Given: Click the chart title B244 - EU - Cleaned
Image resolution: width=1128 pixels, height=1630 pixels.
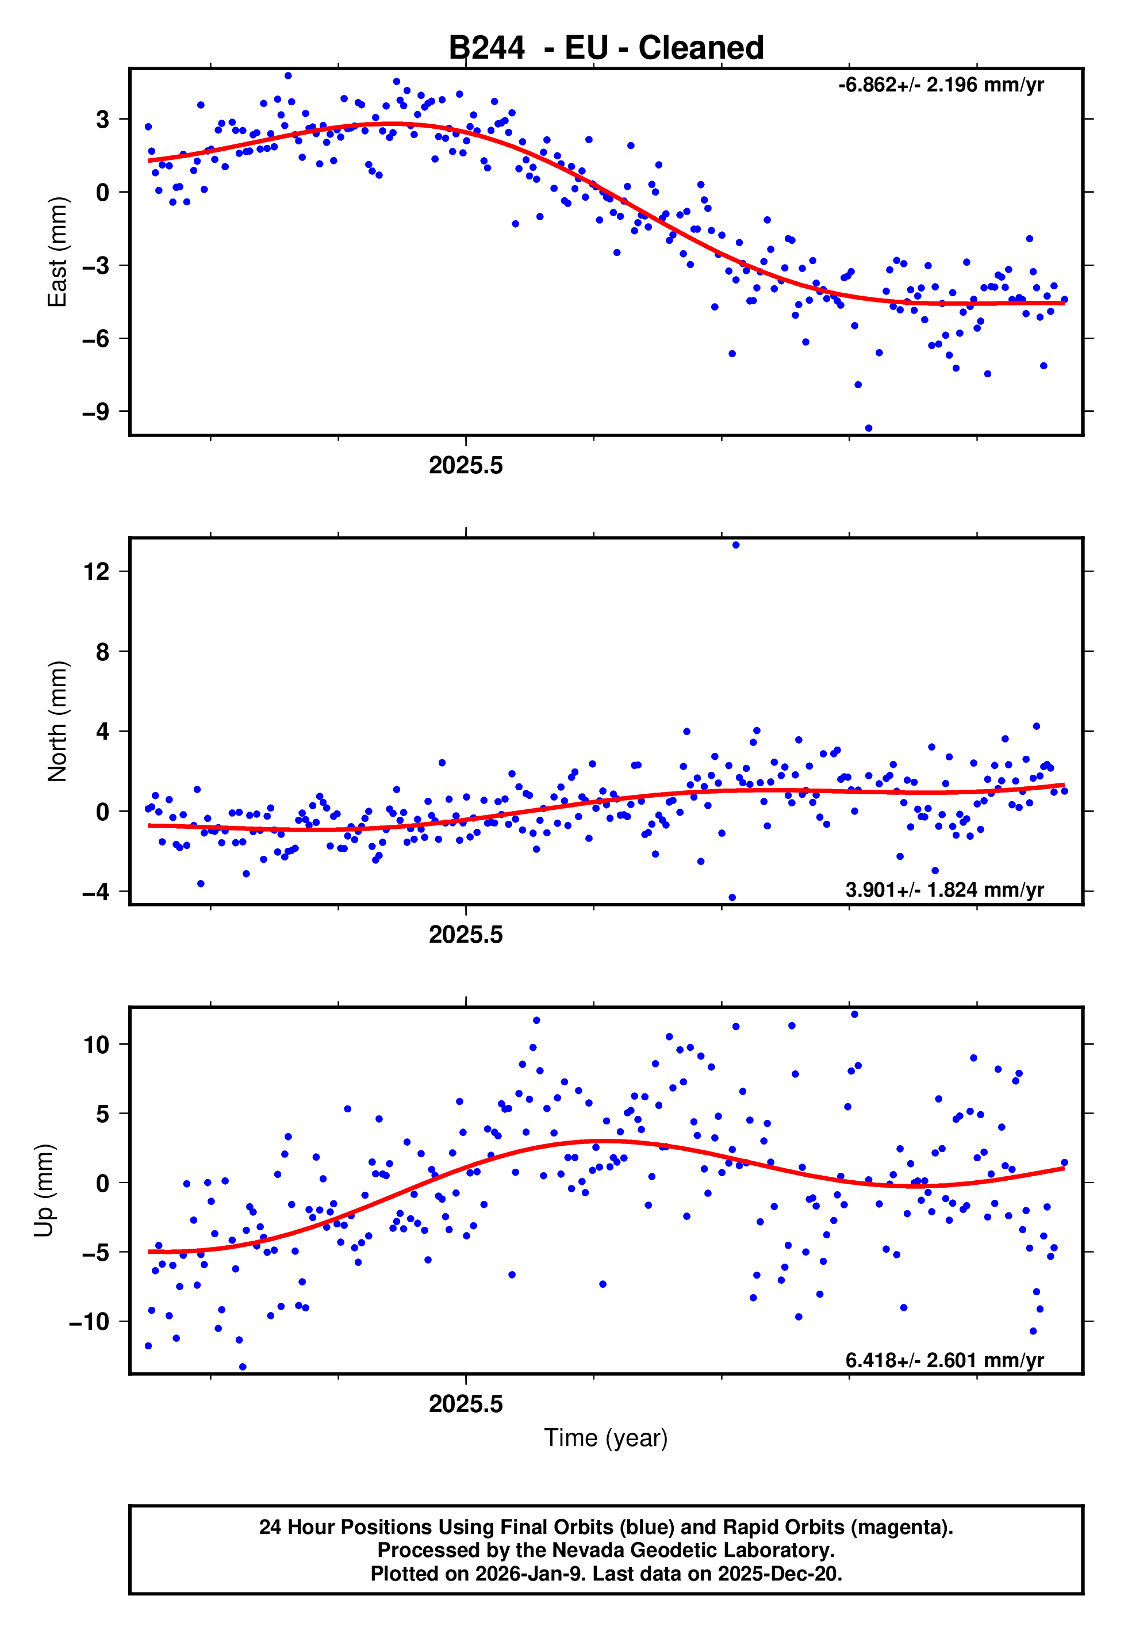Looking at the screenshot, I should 606,48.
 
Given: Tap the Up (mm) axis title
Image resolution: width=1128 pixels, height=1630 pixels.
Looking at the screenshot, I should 44,1191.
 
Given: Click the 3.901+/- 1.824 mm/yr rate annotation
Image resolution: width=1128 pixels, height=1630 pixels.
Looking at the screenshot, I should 944,890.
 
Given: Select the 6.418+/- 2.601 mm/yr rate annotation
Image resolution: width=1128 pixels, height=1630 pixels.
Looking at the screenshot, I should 944,1360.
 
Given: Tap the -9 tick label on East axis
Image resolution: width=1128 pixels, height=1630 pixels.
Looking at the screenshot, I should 95,411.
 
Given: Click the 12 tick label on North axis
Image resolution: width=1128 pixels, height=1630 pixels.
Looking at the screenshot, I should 97,571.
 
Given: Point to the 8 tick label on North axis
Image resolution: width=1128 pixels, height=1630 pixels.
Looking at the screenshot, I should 103,652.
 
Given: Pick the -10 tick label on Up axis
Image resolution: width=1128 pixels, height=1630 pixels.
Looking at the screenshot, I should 89,1321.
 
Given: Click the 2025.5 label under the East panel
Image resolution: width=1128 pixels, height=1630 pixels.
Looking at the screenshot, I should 466,466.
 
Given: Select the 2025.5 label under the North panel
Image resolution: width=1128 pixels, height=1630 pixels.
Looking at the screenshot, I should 466,935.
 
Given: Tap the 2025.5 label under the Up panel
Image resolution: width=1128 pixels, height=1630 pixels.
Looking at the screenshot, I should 466,1405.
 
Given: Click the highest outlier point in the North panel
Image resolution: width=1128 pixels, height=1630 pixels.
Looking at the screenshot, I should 736,545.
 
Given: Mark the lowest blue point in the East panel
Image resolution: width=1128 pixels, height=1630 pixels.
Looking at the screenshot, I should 869,428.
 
